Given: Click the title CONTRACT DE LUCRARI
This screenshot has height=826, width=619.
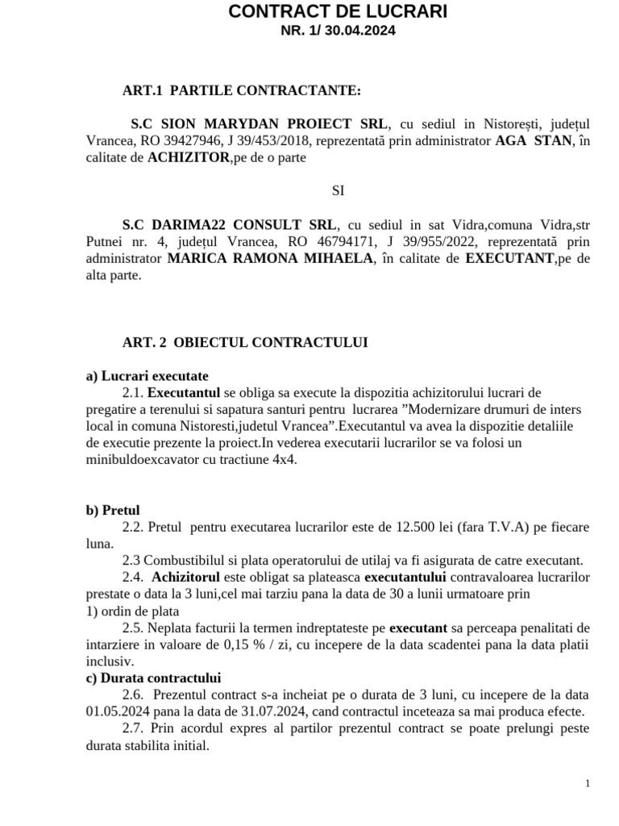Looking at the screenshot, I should coord(337,11).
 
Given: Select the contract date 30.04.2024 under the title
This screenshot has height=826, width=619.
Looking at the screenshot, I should coord(362,31).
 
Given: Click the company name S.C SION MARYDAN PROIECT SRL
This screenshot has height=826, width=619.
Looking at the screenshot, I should coord(259,124).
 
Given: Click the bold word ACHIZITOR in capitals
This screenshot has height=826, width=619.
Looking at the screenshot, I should coord(189,158).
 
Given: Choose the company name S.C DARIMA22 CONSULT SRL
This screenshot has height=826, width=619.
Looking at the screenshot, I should coord(231,225).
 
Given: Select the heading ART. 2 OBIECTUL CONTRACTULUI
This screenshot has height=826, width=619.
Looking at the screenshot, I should coord(245,342).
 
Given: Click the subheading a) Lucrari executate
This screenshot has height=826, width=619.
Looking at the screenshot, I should coord(147,376).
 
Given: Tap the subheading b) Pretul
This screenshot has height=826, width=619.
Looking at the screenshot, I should coord(113,510).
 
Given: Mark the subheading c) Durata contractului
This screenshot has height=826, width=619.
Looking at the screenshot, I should coord(153,678).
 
